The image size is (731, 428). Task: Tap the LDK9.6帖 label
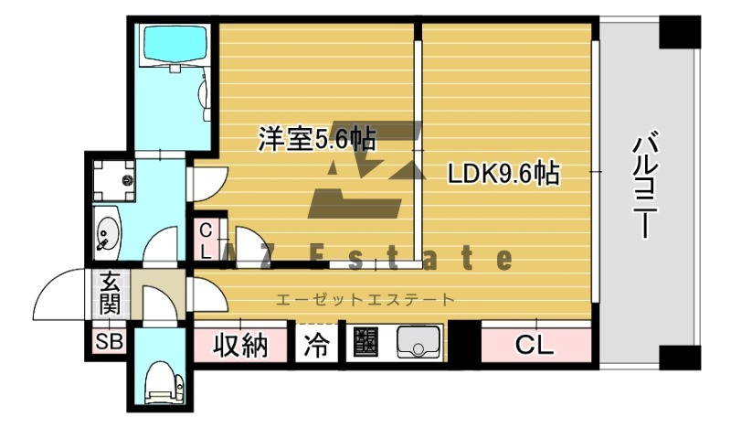[503, 173]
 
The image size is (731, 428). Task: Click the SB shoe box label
[109, 343]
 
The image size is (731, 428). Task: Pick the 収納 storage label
[240, 346]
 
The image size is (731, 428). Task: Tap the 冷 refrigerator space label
[315, 347]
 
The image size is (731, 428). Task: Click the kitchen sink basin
[418, 345]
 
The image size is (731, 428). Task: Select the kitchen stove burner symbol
[366, 344]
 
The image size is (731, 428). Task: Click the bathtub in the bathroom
[173, 44]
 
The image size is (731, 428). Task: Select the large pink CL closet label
[535, 346]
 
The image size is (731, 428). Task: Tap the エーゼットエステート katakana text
[365, 299]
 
